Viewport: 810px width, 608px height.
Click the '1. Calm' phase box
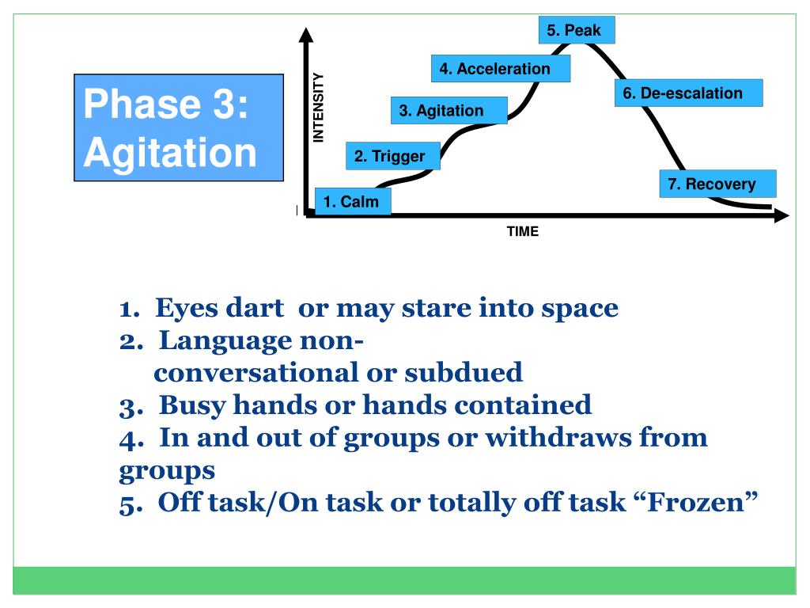353,202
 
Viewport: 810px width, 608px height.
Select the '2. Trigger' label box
389,157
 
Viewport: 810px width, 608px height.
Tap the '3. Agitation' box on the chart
449,111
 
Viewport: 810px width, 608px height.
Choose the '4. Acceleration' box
501,69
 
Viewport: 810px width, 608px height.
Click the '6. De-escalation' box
688,93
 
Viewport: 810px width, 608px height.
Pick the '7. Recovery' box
717,184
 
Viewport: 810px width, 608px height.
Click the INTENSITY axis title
319,108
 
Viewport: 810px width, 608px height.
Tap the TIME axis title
523,232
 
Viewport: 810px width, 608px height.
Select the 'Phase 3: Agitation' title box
179,128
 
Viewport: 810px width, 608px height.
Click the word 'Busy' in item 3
190,405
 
